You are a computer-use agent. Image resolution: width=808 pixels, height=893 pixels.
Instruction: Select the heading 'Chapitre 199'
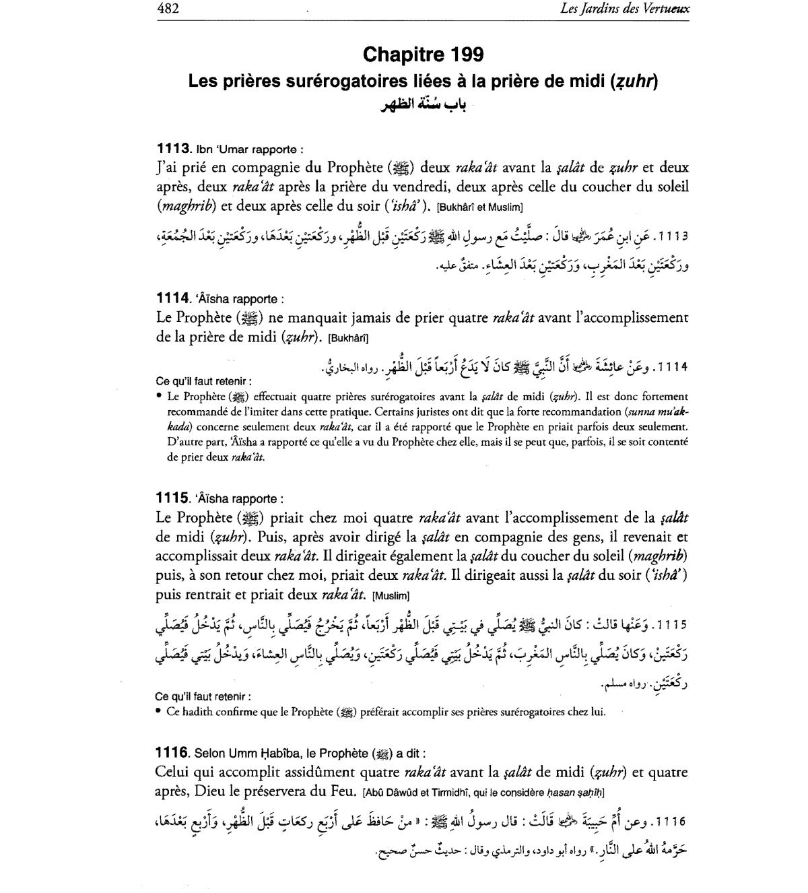(423, 54)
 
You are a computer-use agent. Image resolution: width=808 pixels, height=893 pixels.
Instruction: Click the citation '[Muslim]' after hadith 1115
(391, 596)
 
